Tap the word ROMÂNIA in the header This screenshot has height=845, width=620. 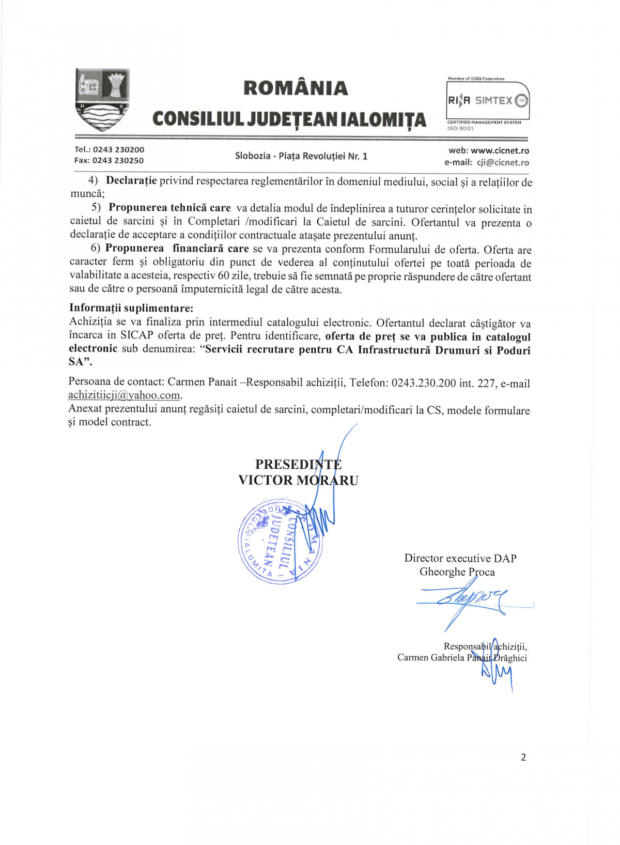[x=296, y=88]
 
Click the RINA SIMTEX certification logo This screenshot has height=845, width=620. [x=488, y=101]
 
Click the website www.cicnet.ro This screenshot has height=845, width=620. [x=500, y=151]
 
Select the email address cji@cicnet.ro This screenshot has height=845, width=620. [x=502, y=162]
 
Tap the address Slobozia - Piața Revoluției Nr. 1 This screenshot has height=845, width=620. [x=301, y=156]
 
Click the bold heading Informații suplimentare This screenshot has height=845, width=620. [x=131, y=309]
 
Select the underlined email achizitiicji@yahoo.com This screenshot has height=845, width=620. [x=125, y=395]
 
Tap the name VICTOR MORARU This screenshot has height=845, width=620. [x=298, y=480]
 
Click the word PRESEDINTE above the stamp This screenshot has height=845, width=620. [x=298, y=464]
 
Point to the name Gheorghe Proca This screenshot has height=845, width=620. [x=457, y=572]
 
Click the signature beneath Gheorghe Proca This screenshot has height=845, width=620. [x=465, y=600]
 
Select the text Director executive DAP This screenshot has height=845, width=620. [x=460, y=558]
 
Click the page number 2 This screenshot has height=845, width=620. [x=523, y=757]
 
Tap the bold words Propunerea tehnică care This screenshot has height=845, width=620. [x=169, y=208]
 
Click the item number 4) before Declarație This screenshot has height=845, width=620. [x=93, y=180]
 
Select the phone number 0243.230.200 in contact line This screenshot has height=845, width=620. [x=424, y=383]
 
